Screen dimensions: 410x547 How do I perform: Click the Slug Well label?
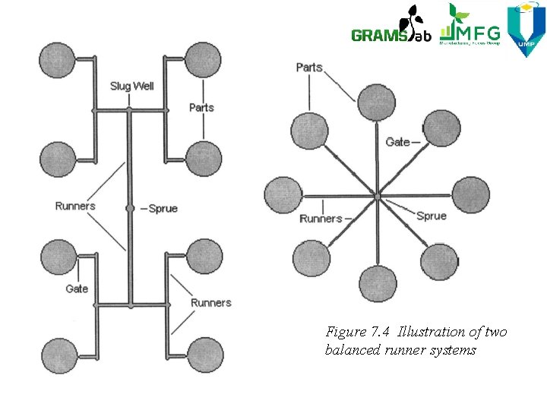[x=131, y=86]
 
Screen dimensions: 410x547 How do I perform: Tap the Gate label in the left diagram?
[x=77, y=289]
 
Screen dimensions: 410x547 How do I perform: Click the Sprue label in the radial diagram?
[x=432, y=216]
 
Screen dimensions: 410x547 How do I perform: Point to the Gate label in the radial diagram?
[x=397, y=142]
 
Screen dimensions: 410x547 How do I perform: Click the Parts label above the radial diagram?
[x=309, y=68]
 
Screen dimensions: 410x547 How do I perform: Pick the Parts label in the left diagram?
[x=201, y=107]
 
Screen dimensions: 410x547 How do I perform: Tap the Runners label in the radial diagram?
[x=321, y=219]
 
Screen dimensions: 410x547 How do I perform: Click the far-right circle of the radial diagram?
[x=471, y=195]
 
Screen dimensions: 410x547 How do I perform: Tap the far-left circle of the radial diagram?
[x=283, y=195]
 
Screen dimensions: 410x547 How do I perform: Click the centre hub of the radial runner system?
[x=377, y=197]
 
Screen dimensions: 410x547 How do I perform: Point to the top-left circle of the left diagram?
[x=58, y=59]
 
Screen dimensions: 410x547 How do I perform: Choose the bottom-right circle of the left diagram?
[x=204, y=355]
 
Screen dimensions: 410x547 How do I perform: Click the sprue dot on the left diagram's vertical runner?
[x=130, y=208]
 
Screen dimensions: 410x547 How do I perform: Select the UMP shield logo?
[x=526, y=29]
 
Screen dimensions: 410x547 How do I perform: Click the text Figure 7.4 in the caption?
[x=356, y=332]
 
